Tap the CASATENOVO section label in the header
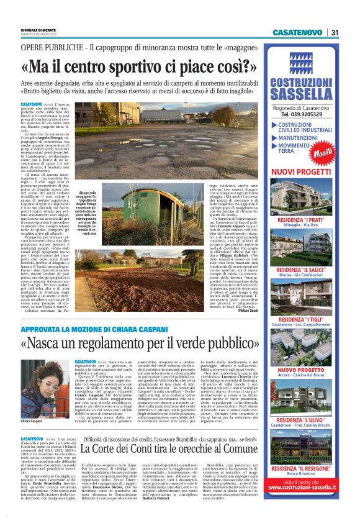pos(297,32)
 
